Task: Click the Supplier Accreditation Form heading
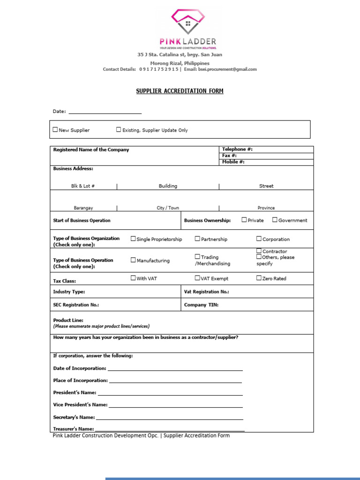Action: (180, 91)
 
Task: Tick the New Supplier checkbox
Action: (56, 130)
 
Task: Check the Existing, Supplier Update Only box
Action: (119, 130)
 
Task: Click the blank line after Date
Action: (105, 112)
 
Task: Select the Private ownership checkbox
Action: (244, 220)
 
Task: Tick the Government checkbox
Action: (275, 220)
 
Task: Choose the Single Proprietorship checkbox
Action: (133, 239)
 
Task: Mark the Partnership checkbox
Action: (197, 239)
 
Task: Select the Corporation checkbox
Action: (259, 239)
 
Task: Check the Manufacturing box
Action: (133, 260)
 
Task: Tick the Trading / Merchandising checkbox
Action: (197, 257)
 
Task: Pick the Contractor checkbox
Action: (259, 251)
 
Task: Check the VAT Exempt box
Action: (197, 278)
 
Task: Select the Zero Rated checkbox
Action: (259, 278)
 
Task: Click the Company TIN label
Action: (201, 305)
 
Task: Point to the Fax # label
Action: (229, 156)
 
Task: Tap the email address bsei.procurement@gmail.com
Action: (227, 69)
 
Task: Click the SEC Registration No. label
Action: (76, 305)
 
